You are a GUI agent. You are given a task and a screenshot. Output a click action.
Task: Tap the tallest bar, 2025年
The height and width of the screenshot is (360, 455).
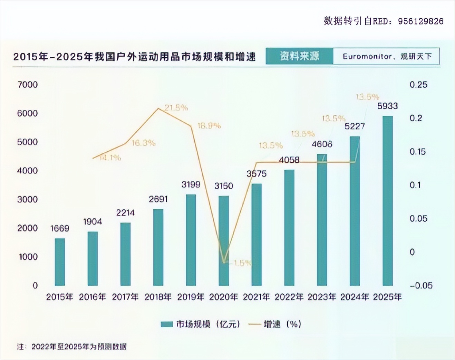tap(387, 200)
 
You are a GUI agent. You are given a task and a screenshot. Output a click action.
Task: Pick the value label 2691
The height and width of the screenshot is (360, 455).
tap(158, 199)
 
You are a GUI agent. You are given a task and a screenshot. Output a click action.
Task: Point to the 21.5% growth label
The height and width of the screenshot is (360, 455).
tap(176, 108)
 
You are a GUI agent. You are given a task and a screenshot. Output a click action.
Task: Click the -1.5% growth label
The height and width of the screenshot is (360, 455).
tap(242, 263)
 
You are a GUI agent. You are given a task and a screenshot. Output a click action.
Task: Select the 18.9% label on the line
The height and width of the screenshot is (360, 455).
tap(209, 126)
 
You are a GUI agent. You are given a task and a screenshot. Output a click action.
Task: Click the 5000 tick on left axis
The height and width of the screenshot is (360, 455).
tap(27, 142)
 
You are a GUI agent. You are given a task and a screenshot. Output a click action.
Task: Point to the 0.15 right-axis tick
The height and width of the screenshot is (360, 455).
tap(417, 151)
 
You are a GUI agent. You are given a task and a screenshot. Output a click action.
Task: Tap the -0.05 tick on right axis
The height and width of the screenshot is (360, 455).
tap(421, 285)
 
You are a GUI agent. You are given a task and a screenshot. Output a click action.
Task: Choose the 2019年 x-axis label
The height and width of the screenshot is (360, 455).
tap(191, 297)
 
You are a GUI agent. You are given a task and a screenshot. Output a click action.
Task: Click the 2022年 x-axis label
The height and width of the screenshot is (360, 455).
tap(289, 297)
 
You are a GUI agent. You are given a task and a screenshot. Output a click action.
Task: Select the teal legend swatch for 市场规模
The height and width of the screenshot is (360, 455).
tap(167, 324)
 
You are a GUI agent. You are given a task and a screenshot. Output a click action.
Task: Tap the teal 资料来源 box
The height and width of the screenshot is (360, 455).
tap(299, 56)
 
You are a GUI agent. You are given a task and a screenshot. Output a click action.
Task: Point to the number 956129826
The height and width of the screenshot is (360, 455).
tap(420, 21)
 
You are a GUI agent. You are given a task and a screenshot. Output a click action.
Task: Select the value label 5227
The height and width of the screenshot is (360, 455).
tap(355, 126)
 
